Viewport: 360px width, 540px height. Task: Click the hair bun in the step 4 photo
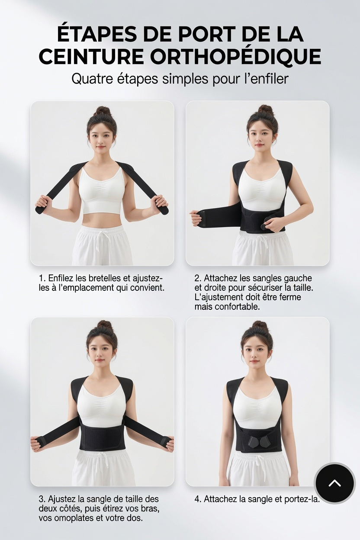(260, 326)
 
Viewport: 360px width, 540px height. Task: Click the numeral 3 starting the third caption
(41, 499)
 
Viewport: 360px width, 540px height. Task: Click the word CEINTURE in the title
(91, 57)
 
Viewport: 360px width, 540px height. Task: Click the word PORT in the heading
(207, 35)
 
